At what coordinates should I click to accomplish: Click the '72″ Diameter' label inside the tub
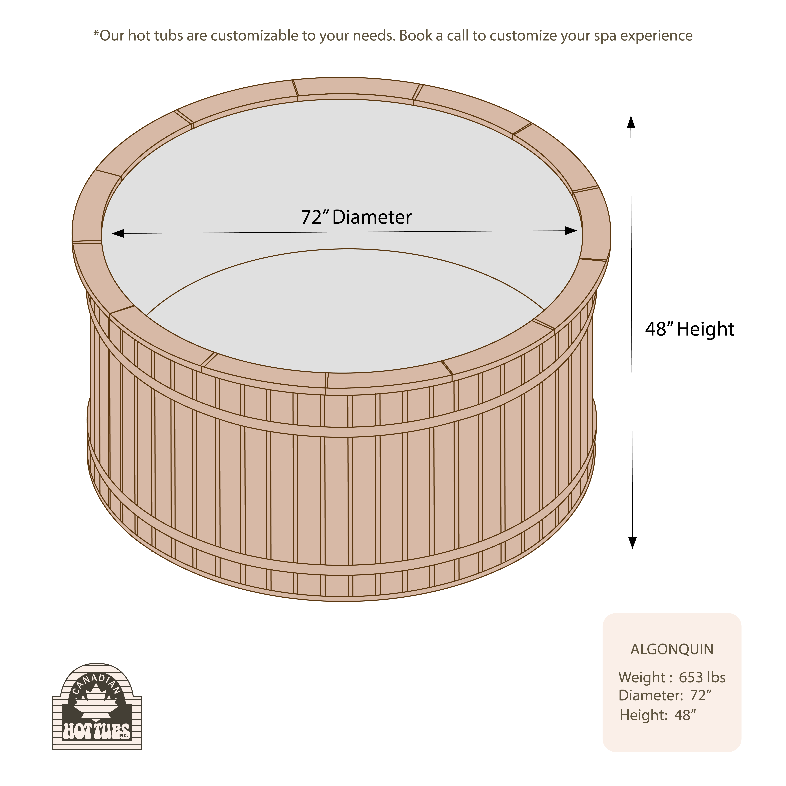click(x=356, y=217)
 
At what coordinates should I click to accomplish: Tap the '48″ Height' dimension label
click(x=690, y=329)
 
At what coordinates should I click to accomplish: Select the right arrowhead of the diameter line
click(x=571, y=231)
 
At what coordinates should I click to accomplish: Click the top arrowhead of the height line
click(x=631, y=122)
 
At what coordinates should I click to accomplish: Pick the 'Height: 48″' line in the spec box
click(x=658, y=715)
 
